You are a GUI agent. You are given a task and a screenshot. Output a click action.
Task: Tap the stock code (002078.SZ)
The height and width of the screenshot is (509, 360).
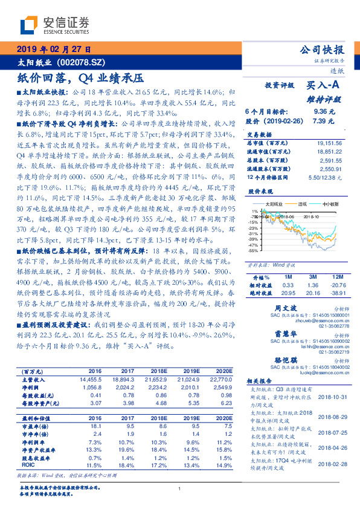(x=80, y=62)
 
